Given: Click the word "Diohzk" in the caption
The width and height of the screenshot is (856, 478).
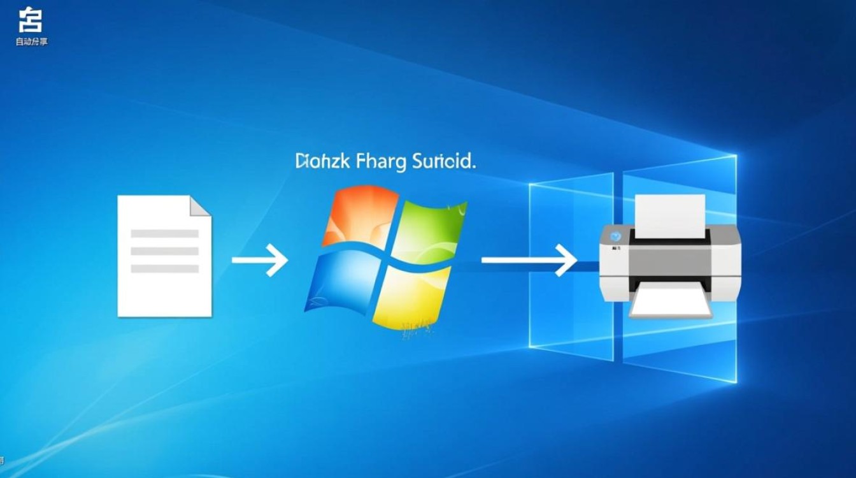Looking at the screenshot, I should [x=323, y=161].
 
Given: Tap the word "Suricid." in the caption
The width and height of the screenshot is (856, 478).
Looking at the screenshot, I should [x=443, y=161].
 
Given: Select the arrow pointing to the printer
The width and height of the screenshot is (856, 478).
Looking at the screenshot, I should [x=529, y=260].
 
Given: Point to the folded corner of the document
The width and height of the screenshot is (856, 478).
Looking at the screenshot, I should [x=200, y=205].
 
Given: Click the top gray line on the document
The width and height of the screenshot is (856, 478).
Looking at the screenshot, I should [x=164, y=234].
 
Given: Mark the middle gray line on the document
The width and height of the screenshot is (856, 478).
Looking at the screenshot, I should [x=164, y=251].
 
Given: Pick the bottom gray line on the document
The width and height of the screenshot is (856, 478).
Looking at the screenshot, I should [x=164, y=268].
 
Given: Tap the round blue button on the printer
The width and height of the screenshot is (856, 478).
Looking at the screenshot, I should [x=615, y=235].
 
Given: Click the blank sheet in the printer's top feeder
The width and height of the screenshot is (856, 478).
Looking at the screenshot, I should [x=670, y=214].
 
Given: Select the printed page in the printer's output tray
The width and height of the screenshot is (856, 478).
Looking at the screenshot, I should [x=670, y=302].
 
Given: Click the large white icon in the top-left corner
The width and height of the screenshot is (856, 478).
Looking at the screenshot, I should [x=30, y=20].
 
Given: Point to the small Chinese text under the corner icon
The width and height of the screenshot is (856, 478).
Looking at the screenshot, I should [x=31, y=41].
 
